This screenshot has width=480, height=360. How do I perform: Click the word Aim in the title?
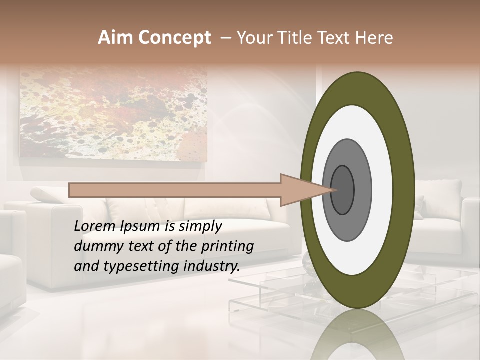[x=115, y=38]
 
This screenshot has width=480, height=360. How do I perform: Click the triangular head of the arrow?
[x=300, y=190]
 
